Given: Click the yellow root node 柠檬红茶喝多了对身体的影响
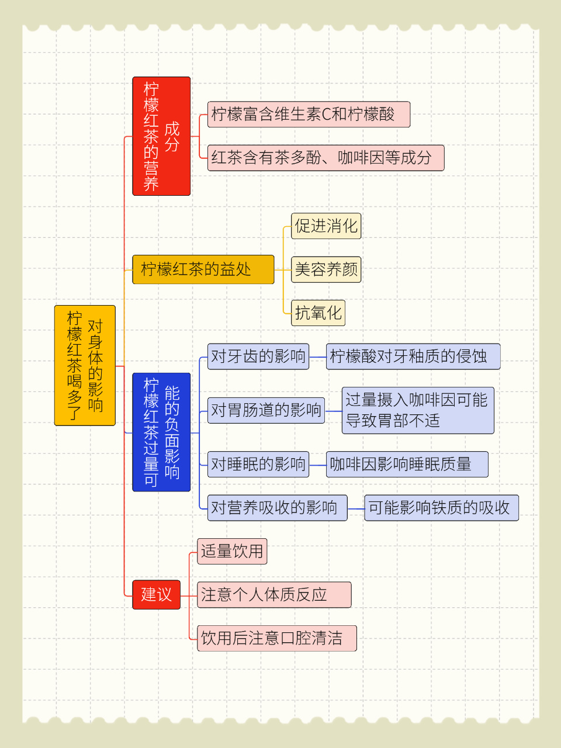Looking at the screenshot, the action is pos(85,365).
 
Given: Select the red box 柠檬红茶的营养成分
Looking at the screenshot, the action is pos(161,136).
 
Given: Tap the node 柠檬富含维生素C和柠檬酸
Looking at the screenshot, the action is pos(309,115).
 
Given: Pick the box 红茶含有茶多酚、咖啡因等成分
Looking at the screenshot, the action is pos(326,158).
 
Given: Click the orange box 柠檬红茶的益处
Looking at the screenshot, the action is pos(203,269).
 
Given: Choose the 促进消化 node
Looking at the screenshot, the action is pos(326,226).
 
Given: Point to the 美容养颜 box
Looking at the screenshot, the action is pos(326,270).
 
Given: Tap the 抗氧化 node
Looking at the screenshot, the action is pos(318,313).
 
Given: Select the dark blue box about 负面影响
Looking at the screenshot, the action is pos(161,432).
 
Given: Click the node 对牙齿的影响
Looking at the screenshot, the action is pos(258,356).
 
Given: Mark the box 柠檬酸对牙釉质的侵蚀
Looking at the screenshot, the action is pos(414,356).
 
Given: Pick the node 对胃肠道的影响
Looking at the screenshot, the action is pos(266,411).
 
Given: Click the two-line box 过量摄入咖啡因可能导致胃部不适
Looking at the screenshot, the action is pos(418,411).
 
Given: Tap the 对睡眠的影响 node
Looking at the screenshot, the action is pos(258,465).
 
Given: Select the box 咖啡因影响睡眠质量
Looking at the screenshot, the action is pos(407,465).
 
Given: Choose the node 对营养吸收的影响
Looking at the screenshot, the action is pos(278,508).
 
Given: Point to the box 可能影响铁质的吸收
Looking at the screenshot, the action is pos(442,508).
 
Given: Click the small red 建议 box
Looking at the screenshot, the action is pos(157,595).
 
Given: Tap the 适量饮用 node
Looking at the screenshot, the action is pos(233,552).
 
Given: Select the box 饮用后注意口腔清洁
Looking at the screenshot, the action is pos(277,638).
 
